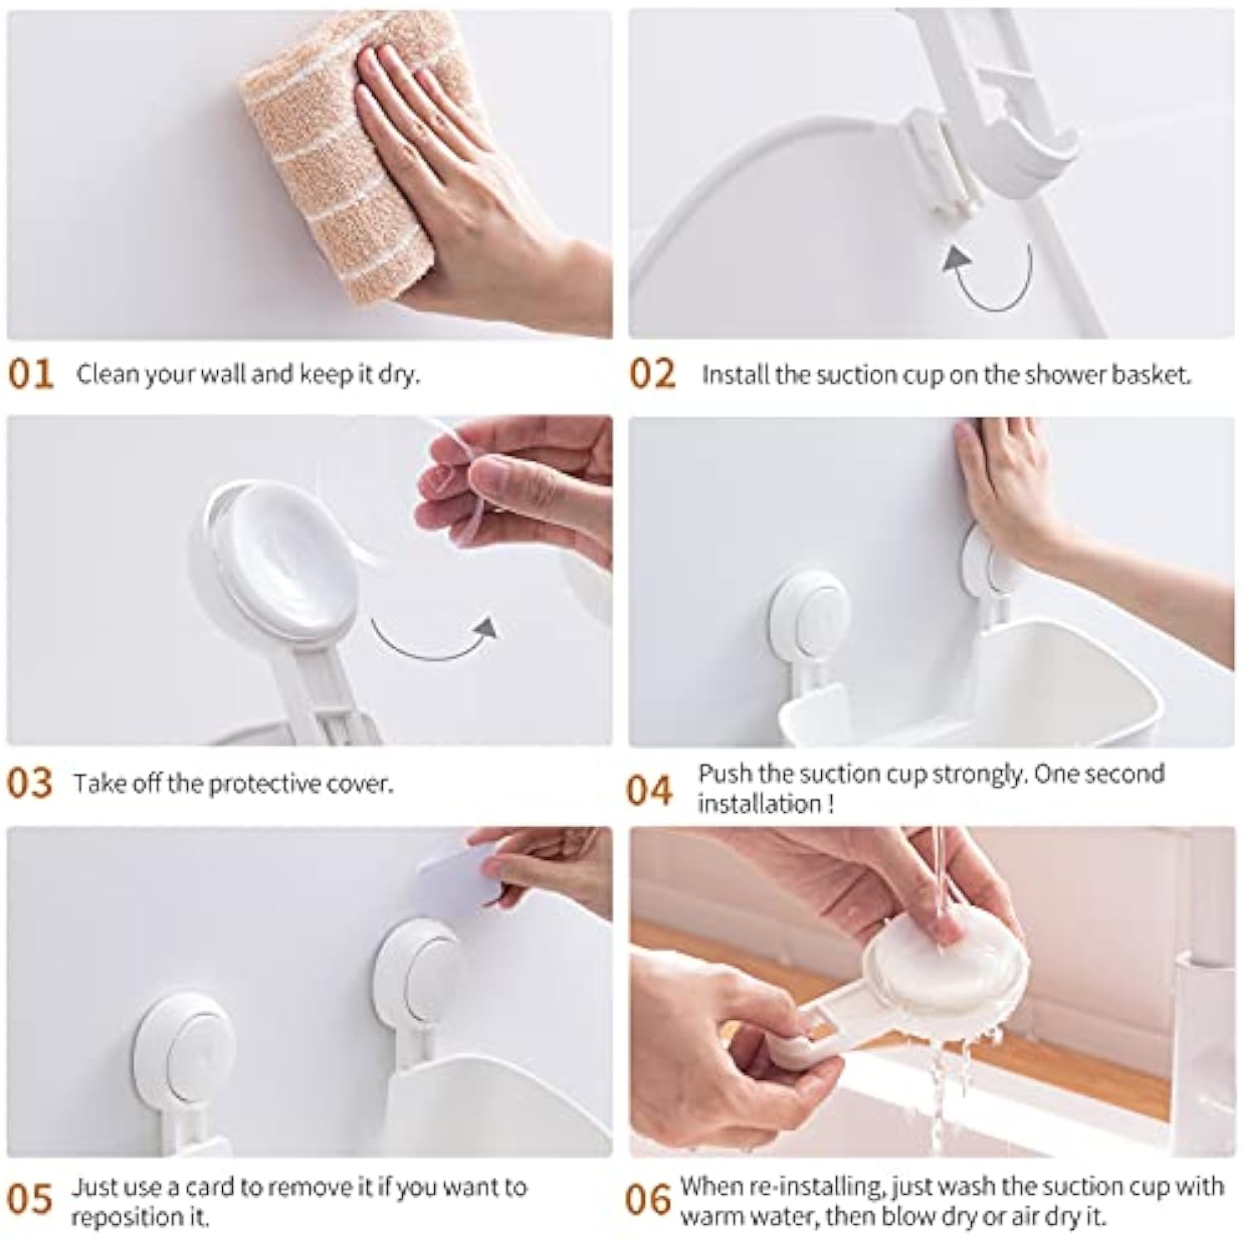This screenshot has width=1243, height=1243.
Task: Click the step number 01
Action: point(31,375)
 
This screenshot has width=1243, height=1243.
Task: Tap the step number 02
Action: point(653,375)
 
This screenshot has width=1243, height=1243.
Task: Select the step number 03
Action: point(31,783)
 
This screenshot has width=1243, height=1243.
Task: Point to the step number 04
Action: point(651,790)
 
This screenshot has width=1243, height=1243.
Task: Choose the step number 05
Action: point(31,1200)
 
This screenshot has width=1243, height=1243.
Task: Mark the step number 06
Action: point(649,1200)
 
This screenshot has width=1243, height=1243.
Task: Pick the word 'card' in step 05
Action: point(210,1187)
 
